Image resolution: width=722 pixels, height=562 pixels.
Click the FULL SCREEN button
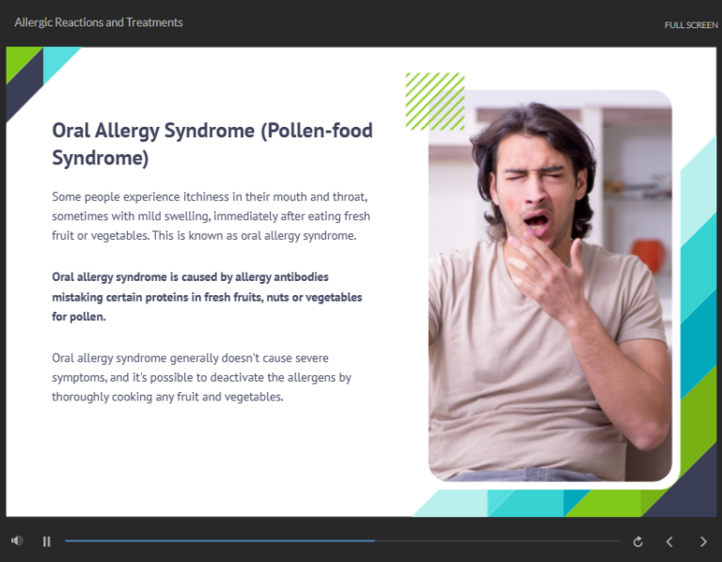(x=690, y=25)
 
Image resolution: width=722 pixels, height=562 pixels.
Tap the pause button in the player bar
(x=46, y=541)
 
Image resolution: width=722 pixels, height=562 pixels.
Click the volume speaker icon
(x=16, y=540)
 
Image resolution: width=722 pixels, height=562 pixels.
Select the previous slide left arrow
(x=669, y=541)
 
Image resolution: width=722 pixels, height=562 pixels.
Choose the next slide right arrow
(x=703, y=541)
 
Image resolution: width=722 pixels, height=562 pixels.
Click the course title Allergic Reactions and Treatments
(x=99, y=22)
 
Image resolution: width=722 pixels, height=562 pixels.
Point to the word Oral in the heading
(x=71, y=131)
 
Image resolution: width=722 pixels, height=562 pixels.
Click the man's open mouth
(x=536, y=223)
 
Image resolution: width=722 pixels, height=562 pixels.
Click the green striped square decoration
(x=434, y=101)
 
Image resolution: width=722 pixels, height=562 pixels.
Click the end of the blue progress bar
(x=375, y=541)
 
